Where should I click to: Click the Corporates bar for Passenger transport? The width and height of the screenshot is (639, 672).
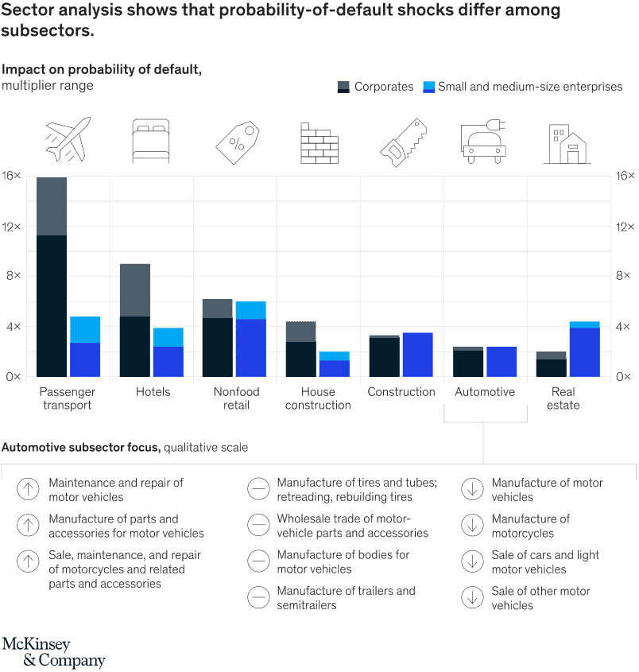pyautogui.click(x=52, y=278)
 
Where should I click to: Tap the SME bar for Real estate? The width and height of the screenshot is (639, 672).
pyautogui.click(x=584, y=350)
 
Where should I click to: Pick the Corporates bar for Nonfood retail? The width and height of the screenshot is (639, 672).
pyautogui.click(x=217, y=338)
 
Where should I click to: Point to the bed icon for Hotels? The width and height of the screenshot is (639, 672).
pyautogui.click(x=151, y=142)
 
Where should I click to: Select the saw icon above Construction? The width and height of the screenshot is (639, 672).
pyautogui.click(x=403, y=144)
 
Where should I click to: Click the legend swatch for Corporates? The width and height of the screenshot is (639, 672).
pyautogui.click(x=343, y=87)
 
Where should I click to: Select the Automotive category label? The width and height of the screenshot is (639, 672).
pyautogui.click(x=485, y=392)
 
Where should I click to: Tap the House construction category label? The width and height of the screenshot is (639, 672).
pyautogui.click(x=318, y=398)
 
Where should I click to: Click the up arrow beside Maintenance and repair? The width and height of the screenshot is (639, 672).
pyautogui.click(x=28, y=489)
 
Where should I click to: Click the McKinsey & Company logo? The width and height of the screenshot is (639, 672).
pyautogui.click(x=52, y=652)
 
